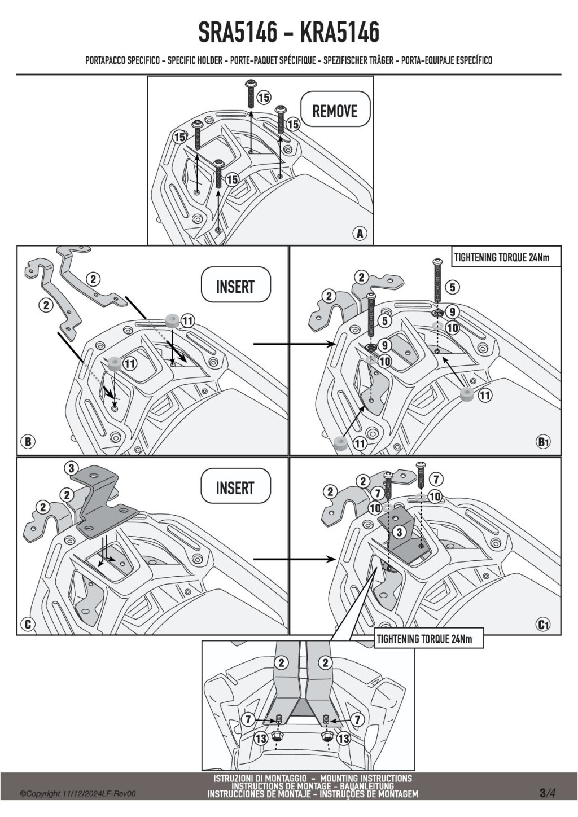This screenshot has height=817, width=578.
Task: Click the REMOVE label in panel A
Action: point(335,111)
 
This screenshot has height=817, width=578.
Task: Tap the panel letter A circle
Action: point(360,233)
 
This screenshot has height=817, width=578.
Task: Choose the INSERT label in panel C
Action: point(235,488)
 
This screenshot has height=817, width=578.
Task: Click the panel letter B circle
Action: point(28,442)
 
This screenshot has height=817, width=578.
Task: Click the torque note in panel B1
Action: point(502,257)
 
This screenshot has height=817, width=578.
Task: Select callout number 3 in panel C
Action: point(71,468)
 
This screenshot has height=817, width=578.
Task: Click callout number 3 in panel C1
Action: point(399,532)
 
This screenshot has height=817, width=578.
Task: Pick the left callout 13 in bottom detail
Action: point(261,737)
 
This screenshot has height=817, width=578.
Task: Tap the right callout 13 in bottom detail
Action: point(343,737)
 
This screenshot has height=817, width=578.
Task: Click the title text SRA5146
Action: point(238,32)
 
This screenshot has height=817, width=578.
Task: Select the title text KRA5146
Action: point(339,32)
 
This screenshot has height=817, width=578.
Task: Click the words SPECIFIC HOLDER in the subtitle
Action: point(195,60)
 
